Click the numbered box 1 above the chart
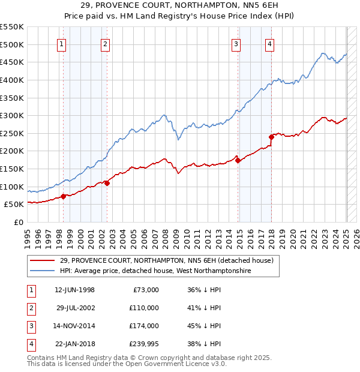62,44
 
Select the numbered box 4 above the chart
270,44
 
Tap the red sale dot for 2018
271,137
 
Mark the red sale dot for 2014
238,160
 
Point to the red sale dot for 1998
63,196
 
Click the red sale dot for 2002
107,183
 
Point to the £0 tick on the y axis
18,222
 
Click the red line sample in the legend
42,260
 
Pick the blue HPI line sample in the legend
42,271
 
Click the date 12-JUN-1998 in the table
74,290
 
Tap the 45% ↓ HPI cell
205,326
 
